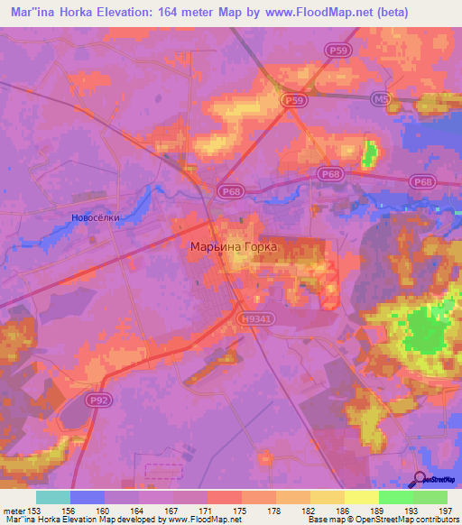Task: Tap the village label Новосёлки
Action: click(x=95, y=217)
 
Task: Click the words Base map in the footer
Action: click(x=326, y=520)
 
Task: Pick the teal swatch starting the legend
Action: click(x=53, y=497)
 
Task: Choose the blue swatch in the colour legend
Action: click(x=88, y=497)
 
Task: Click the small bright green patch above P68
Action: click(x=368, y=153)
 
